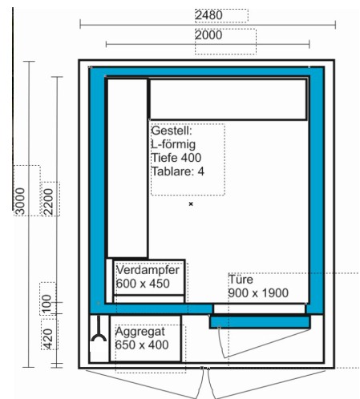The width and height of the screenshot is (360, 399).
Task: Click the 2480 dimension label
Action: (208, 15)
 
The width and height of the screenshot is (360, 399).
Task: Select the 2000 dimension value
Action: (208, 35)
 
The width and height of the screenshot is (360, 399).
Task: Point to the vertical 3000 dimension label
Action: (20, 201)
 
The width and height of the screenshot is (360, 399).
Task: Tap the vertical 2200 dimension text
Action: (49, 202)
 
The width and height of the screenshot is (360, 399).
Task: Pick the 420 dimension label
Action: (48, 339)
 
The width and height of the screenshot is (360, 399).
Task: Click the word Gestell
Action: (172, 131)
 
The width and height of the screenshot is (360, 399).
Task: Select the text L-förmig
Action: (173, 144)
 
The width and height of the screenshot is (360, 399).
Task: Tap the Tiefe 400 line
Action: (176, 158)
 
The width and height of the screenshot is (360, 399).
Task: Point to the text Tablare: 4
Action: (178, 171)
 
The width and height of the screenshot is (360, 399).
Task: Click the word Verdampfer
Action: (148, 270)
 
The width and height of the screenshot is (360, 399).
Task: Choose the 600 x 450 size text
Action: (143, 284)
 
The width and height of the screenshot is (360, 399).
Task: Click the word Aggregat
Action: (140, 332)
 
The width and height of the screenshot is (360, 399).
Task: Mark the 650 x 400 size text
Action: (142, 345)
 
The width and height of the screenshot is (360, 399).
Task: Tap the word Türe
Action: (241, 280)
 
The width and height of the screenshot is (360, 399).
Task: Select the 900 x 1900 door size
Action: (258, 293)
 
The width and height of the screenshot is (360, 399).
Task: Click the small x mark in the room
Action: (191, 204)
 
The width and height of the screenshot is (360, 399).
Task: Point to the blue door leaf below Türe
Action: (260, 322)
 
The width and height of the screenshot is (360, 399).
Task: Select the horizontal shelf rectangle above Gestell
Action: (228, 99)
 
